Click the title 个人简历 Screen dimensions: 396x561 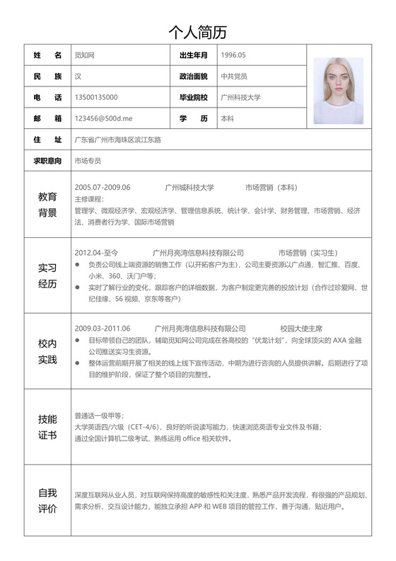197,32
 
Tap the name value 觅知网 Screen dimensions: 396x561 85,55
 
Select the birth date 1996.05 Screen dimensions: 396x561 233,55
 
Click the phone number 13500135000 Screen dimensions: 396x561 96,97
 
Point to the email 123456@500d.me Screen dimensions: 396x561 103,118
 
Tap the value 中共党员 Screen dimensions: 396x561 234,76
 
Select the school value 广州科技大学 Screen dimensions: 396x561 240,97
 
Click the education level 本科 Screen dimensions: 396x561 228,118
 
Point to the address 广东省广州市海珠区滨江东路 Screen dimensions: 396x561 117,140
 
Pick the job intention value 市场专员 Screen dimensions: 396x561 88,161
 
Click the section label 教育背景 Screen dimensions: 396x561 47,205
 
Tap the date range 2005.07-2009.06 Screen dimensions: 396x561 103,188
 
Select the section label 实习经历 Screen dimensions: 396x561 47,276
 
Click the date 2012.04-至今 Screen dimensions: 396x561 96,253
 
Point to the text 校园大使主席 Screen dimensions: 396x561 301,329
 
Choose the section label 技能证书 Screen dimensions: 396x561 47,426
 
